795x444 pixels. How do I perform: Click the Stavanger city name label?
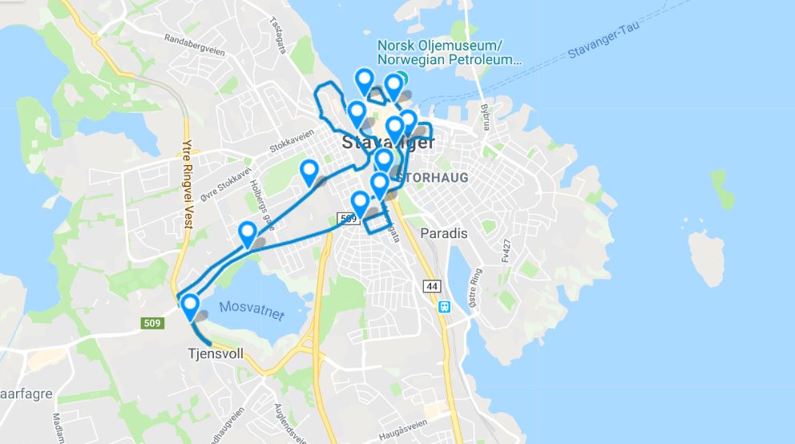(x=388, y=143)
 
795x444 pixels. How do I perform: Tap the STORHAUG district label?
(x=432, y=177)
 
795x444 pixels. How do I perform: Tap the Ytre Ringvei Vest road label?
(x=188, y=185)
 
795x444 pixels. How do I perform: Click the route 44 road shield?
(x=433, y=286)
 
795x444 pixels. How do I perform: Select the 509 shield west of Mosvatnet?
(x=153, y=324)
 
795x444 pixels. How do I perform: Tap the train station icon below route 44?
(x=443, y=305)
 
